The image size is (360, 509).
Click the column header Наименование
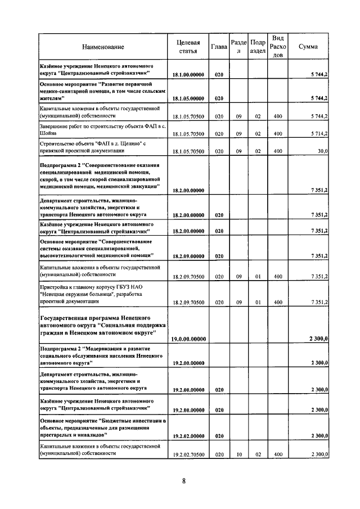(102, 47)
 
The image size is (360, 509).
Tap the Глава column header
(219, 47)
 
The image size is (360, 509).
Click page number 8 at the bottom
(183, 481)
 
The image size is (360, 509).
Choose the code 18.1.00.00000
(188, 74)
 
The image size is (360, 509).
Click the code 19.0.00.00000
(188, 339)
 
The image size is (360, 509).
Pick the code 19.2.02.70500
(188, 454)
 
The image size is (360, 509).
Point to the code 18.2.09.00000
(188, 256)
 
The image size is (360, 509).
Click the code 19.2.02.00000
(188, 436)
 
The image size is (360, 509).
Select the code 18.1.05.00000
(188, 98)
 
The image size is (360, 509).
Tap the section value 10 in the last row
(238, 454)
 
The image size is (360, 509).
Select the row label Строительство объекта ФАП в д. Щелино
(93, 147)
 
